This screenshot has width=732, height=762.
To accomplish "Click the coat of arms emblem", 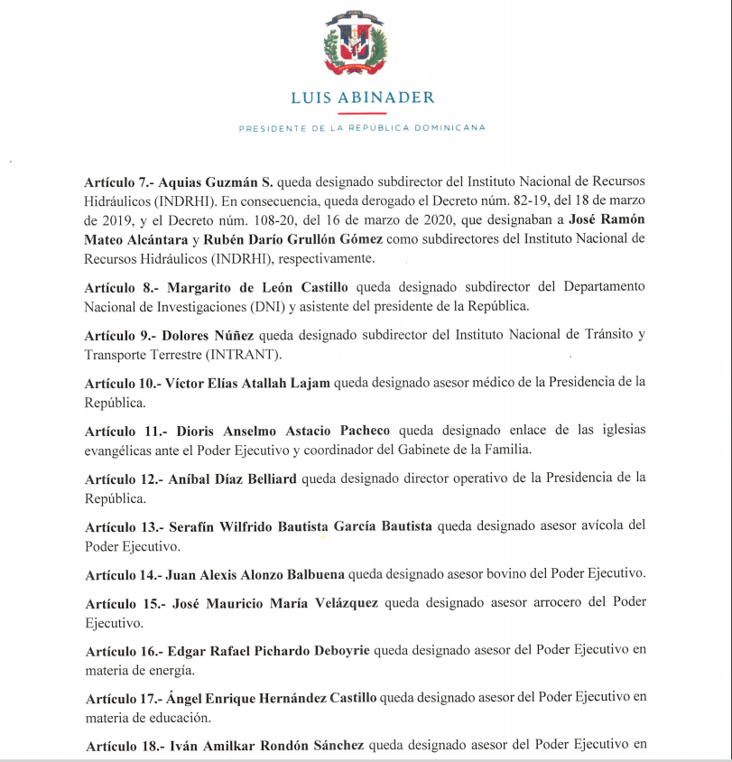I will coord(362,44).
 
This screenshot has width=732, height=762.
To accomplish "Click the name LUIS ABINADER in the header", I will coord(362,98).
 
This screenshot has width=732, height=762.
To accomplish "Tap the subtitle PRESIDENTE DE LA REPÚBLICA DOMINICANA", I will coord(362,128).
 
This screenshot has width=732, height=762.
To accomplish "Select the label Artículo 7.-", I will coord(118,180).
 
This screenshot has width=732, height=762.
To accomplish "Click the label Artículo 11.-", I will coord(122,430).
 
